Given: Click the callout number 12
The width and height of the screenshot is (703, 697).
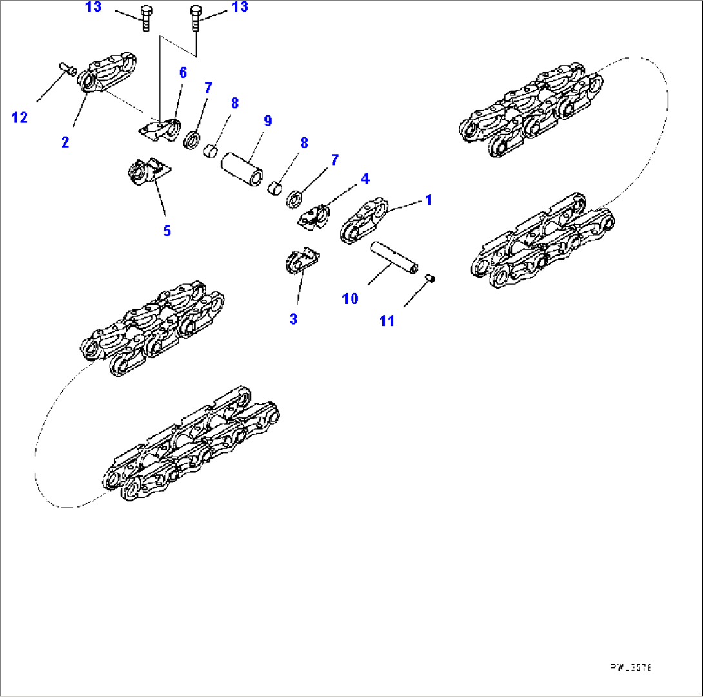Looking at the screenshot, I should click(20, 117).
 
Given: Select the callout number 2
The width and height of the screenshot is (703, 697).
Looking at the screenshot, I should click(65, 142).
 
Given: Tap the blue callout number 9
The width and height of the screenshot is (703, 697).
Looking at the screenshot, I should click(267, 120).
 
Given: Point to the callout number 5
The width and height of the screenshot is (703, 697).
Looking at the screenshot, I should click(167, 230).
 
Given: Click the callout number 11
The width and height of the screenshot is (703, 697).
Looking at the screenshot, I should click(386, 320).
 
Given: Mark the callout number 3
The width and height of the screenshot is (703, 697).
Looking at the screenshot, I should click(293, 319).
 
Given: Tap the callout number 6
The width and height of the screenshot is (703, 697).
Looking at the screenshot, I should click(183, 73).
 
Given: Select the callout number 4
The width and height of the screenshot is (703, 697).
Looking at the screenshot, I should click(365, 177).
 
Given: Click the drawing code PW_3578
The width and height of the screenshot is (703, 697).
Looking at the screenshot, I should click(632, 668).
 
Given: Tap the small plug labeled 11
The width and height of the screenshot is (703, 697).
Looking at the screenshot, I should click(431, 278).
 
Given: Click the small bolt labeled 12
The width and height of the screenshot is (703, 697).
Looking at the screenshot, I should click(67, 66).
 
